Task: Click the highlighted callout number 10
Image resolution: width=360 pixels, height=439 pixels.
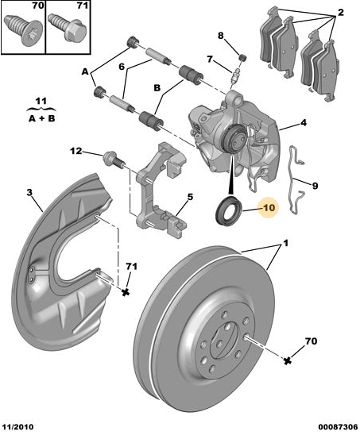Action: click(268, 209)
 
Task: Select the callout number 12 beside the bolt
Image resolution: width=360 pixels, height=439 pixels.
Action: click(75, 151)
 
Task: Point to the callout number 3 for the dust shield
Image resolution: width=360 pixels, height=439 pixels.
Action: click(29, 193)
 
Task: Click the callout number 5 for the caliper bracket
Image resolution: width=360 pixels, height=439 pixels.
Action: click(190, 198)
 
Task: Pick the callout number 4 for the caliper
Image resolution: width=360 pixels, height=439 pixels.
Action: click(303, 124)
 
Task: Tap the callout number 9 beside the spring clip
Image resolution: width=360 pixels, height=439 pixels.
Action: click(314, 186)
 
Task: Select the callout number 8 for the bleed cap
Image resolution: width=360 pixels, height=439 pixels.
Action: click(221, 35)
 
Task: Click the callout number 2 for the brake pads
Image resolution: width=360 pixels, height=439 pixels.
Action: click(340, 12)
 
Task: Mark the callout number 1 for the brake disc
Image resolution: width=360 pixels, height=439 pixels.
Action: click(286, 242)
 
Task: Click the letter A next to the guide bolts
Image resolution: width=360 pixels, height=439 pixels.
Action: click(85, 70)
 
